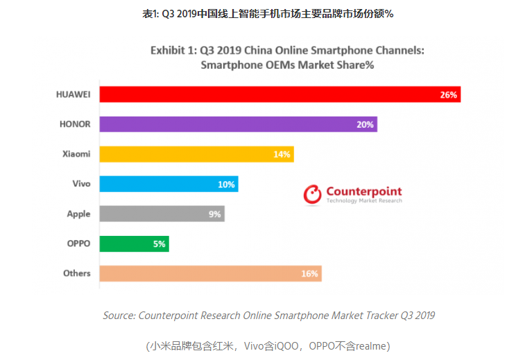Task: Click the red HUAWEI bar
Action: tap(277, 94)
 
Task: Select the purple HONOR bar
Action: tap(236, 124)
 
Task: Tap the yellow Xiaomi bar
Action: tap(194, 154)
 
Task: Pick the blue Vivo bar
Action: tap(166, 184)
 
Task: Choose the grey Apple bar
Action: tap(160, 214)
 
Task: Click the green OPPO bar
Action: tap(132, 243)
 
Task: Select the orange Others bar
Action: tap(208, 273)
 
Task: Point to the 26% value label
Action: tap(448, 95)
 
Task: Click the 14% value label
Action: tap(282, 155)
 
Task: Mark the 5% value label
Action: tap(159, 244)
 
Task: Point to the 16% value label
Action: tap(309, 274)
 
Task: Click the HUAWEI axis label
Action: tap(73, 94)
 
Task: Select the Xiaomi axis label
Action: tap(76, 154)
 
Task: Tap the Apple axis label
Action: tap(78, 214)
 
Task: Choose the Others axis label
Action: tap(77, 273)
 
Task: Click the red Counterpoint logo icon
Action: tap(313, 194)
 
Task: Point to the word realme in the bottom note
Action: tap(372, 345)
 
